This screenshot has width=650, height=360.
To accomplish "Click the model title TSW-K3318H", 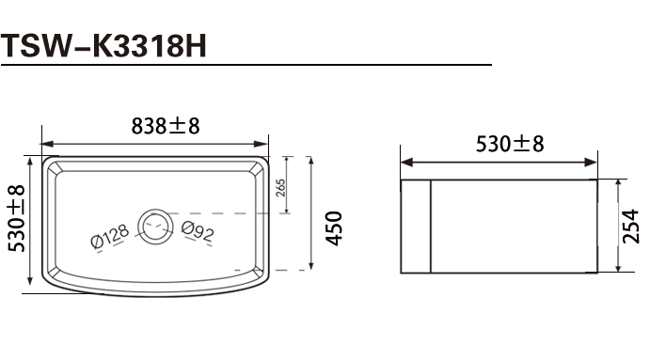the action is [x=103, y=45].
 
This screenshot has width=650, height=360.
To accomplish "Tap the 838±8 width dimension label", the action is [x=166, y=126].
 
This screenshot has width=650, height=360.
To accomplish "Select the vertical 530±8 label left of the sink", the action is [x=17, y=218].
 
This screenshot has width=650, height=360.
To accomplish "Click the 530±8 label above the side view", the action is [x=510, y=144].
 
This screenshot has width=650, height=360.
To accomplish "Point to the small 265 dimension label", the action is [x=280, y=188].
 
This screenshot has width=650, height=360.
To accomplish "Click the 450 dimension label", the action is [x=334, y=228].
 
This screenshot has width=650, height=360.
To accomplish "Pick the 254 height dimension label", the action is [x=630, y=227].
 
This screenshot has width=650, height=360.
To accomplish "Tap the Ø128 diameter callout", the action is [x=110, y=237].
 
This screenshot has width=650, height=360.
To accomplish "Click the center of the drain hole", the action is [x=155, y=227].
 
